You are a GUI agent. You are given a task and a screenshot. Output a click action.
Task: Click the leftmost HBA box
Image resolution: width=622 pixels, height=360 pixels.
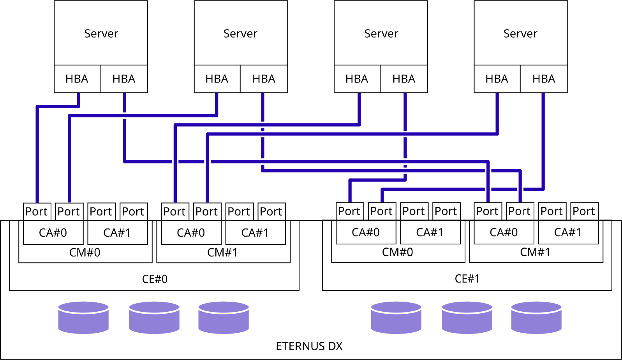217,79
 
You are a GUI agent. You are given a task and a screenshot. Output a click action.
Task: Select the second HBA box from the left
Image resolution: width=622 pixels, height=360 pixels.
264,79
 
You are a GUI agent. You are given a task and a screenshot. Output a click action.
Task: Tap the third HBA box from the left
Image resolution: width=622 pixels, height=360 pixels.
497,79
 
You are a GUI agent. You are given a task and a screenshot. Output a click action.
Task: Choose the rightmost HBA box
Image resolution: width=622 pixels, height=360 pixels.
543,79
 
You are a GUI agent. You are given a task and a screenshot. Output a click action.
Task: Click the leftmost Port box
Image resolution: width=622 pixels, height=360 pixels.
37,212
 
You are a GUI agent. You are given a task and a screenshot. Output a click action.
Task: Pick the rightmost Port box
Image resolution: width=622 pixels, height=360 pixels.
552,211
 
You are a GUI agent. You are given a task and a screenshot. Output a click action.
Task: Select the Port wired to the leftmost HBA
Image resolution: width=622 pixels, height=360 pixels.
69,212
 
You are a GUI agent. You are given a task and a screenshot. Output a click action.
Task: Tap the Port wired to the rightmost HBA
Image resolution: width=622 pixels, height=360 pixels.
382,211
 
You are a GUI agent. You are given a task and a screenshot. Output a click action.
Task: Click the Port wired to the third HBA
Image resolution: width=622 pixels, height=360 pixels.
207,212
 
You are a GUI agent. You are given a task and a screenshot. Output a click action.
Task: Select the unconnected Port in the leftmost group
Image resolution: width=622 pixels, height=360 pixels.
101,212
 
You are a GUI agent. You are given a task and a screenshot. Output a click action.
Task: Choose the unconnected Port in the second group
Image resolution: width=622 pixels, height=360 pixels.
240,212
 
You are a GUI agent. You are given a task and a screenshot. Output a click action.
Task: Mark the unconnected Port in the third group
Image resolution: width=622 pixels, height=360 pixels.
414,211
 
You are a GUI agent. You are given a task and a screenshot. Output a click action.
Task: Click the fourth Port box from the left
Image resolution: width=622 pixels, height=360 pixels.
175,212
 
